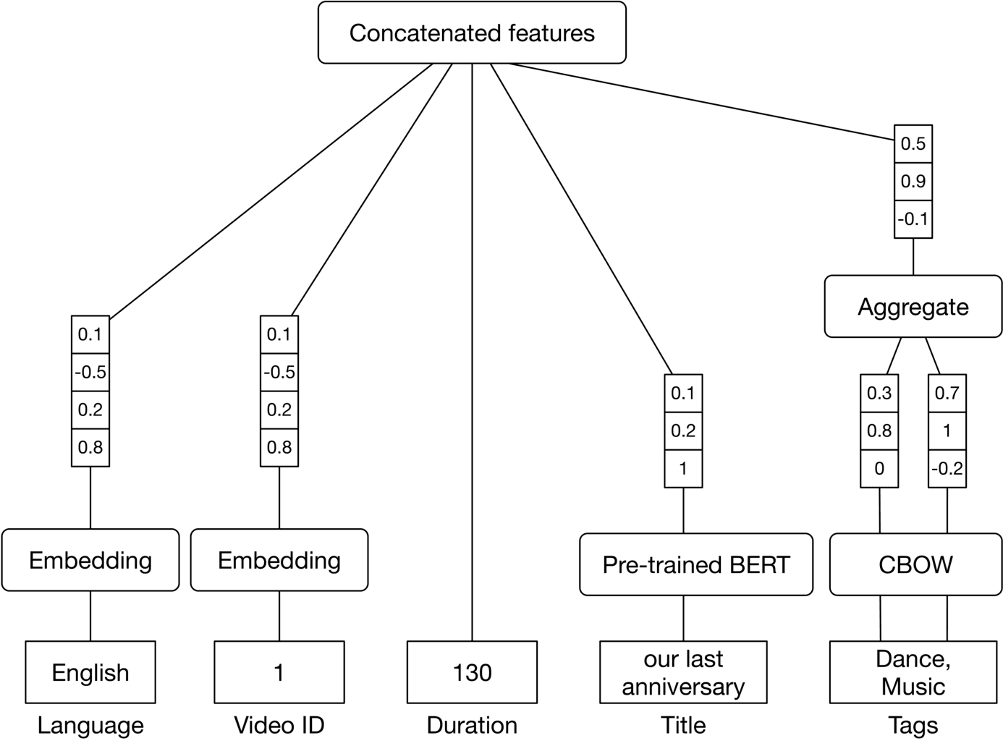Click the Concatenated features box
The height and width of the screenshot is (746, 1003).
(x=472, y=33)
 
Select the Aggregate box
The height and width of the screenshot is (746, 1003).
(x=913, y=306)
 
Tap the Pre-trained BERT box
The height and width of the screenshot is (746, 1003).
(x=695, y=564)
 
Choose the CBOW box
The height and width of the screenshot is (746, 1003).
(x=915, y=564)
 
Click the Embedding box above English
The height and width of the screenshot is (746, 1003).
(x=90, y=560)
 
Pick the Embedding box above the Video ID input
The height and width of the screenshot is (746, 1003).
(x=279, y=560)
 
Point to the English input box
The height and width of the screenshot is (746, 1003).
(x=90, y=672)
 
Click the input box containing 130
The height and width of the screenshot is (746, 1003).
(x=472, y=672)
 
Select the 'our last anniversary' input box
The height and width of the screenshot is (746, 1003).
(x=683, y=672)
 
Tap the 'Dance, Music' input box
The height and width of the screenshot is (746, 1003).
(x=913, y=672)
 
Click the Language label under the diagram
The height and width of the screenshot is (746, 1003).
(x=90, y=725)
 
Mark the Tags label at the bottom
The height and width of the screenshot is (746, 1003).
(x=913, y=725)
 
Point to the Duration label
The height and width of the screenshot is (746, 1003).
(x=472, y=725)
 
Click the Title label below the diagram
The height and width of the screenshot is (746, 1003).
(x=683, y=725)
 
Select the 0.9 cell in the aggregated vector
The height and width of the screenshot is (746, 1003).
(x=913, y=181)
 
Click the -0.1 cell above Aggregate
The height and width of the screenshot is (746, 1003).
(x=913, y=219)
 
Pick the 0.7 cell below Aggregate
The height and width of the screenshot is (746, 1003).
(x=947, y=393)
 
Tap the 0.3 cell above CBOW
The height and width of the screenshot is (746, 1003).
(x=879, y=393)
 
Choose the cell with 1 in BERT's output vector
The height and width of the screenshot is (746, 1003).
(x=683, y=468)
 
